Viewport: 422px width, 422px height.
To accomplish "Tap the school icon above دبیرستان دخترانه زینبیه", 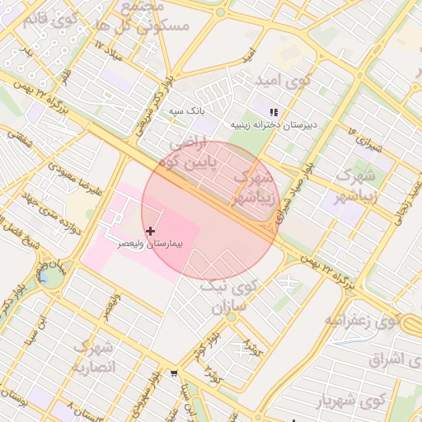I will pos(274,112).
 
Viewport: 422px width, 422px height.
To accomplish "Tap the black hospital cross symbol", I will pos(150,232).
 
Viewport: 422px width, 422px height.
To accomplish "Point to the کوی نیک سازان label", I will pos(230,297).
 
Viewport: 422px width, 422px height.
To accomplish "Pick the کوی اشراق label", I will pos(379,359).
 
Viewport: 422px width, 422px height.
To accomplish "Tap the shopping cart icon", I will pos(174,374).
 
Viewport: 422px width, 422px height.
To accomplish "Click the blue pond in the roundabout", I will pos(50,277).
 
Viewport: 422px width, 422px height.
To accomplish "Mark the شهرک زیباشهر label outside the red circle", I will pos(354,186).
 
